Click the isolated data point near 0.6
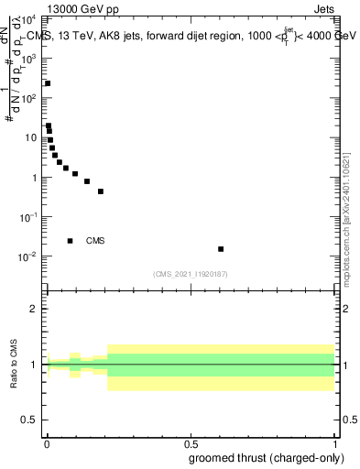point(221,249)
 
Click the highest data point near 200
point(48,83)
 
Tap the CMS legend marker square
point(71,241)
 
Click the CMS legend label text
point(95,241)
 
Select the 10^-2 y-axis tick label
point(28,256)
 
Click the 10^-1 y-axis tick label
point(28,216)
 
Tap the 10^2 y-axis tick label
point(28,98)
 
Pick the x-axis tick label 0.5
point(191,444)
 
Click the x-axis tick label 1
point(334,444)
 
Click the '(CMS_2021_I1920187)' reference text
point(191,274)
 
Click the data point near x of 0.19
point(101,191)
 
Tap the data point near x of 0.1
point(75,173)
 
